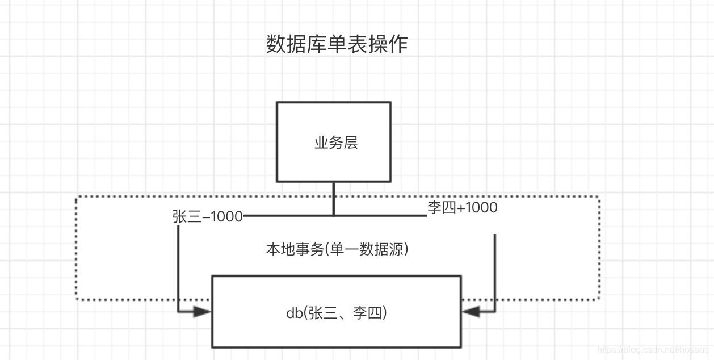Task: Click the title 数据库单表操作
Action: (337, 44)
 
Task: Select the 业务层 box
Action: (334, 142)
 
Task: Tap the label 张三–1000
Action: (207, 217)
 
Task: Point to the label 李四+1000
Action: (462, 208)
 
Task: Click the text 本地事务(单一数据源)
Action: (337, 249)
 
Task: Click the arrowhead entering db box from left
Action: (202, 311)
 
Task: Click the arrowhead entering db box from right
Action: (471, 311)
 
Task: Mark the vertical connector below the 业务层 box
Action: (334, 199)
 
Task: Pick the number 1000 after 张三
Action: (226, 217)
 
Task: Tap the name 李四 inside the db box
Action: (368, 312)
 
